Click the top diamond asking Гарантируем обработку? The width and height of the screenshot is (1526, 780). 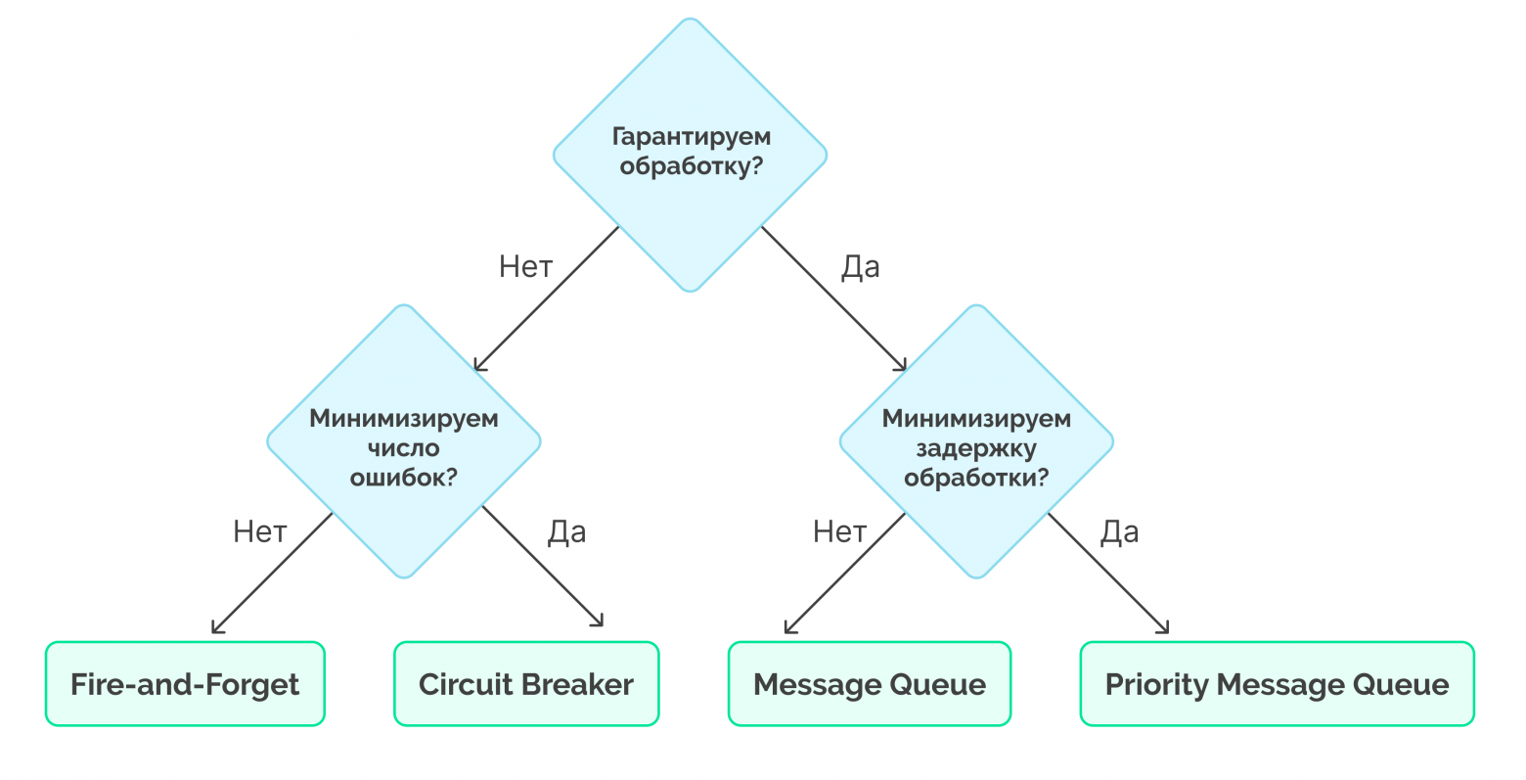click(x=690, y=154)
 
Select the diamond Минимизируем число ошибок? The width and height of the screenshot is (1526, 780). click(x=403, y=441)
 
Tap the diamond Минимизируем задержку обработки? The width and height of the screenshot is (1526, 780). click(x=976, y=441)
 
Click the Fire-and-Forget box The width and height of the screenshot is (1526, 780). click(x=185, y=684)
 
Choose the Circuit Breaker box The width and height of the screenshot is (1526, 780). click(x=526, y=684)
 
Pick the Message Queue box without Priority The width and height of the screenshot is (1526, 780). click(x=869, y=684)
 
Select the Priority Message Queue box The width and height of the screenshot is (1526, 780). click(x=1277, y=684)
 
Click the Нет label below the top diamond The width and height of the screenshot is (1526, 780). click(x=526, y=266)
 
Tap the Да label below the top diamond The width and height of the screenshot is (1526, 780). click(x=861, y=266)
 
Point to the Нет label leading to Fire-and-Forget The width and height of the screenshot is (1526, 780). click(x=260, y=531)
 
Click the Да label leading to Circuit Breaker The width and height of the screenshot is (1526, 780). click(x=567, y=531)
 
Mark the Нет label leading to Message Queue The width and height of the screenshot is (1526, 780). click(x=840, y=531)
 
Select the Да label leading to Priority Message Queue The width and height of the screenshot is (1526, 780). click(x=1120, y=531)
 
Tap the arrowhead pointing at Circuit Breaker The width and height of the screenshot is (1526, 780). click(x=599, y=622)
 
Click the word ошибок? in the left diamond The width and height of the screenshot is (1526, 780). click(x=404, y=478)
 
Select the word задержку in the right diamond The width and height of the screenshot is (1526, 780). click(x=976, y=449)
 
